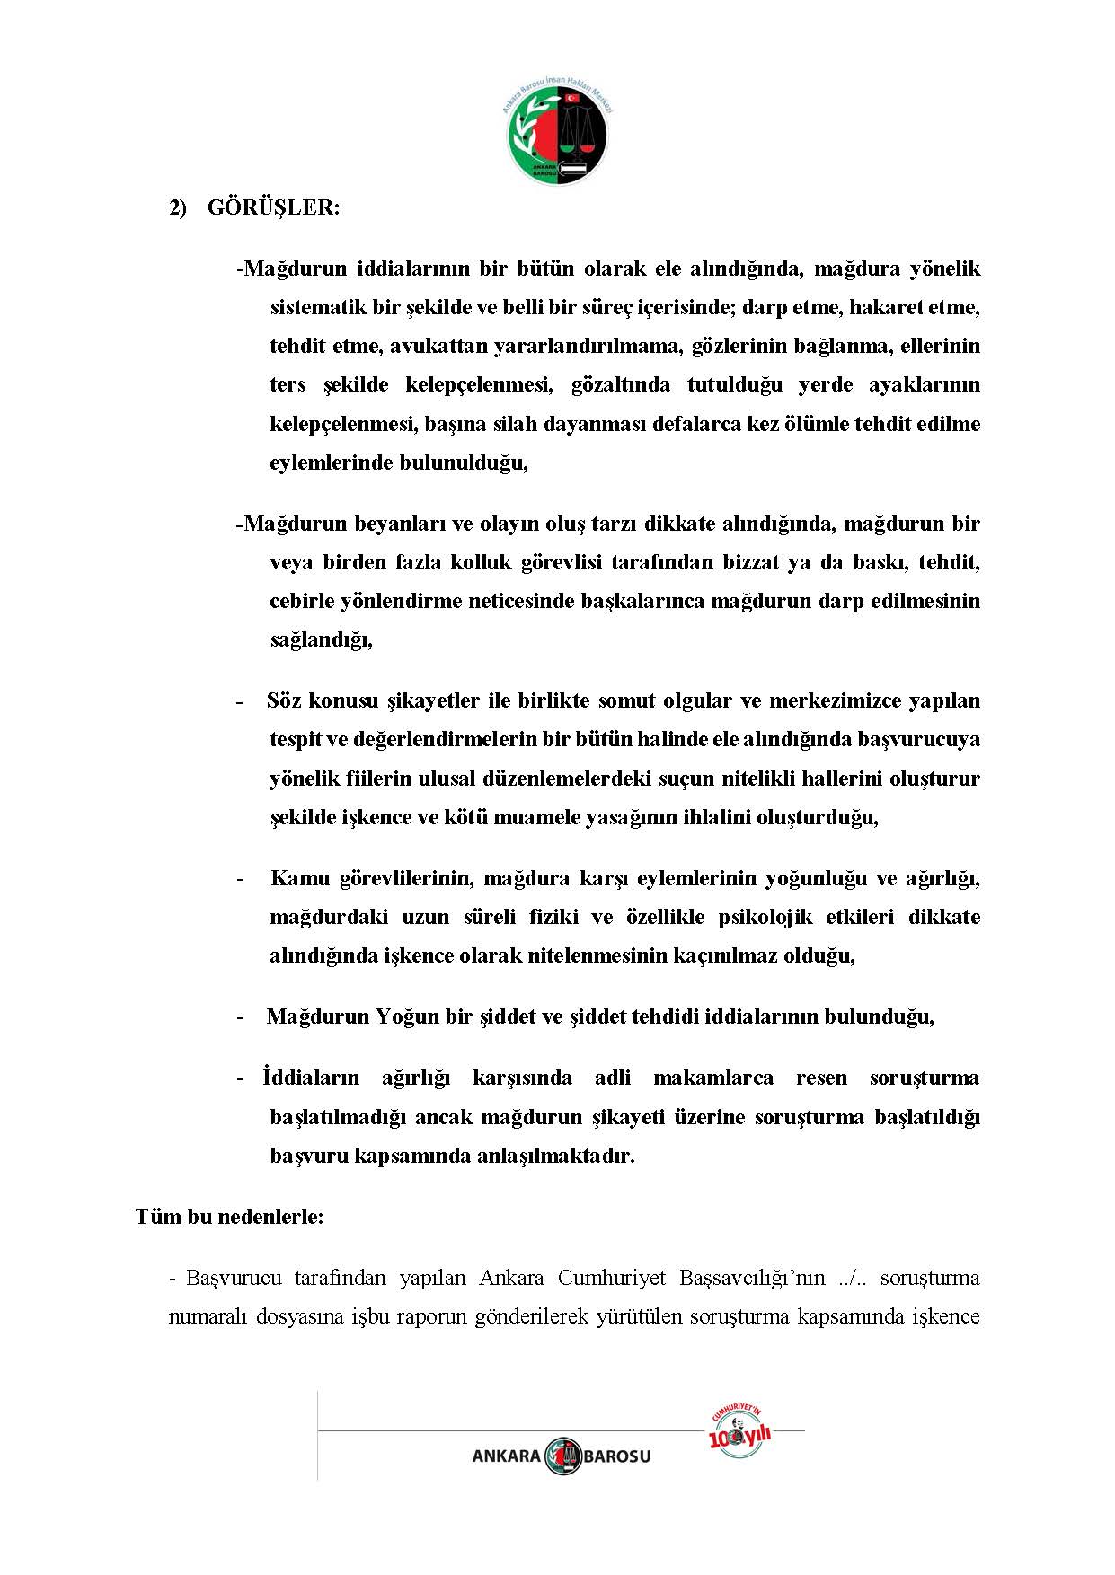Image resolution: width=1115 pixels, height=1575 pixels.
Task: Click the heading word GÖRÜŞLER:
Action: [x=274, y=207]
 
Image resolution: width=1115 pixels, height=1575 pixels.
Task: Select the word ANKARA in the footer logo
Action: [x=507, y=1456]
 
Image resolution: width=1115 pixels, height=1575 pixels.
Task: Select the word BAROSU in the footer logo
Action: [x=617, y=1456]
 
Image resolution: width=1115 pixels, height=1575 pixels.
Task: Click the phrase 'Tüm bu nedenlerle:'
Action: [x=230, y=1217]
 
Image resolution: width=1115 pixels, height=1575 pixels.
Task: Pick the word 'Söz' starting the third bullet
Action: [x=283, y=700]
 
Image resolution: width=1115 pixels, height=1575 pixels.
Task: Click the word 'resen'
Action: [x=821, y=1078]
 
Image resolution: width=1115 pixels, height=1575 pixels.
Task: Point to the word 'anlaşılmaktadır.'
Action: [x=564, y=1156]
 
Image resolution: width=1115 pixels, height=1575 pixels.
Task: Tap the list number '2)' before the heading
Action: [x=178, y=207]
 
